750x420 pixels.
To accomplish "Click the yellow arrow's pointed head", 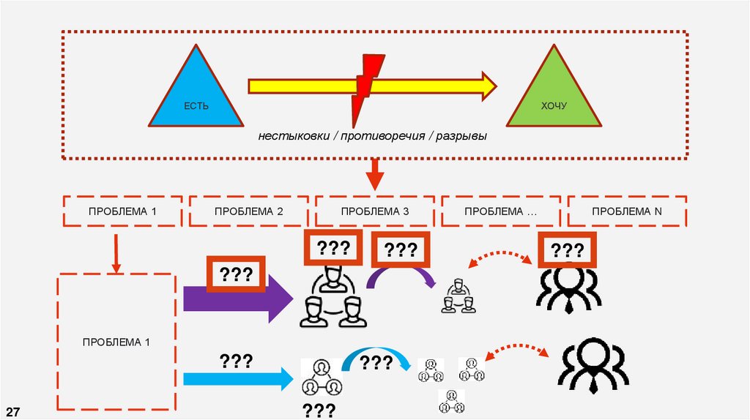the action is coord(488,86).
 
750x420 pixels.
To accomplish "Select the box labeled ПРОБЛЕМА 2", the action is coord(249,211).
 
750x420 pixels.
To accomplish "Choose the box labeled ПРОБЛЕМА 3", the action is coord(374,211).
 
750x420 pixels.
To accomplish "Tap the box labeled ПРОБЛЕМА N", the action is coord(626,211).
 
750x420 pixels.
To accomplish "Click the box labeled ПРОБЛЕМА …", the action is coord(500,211).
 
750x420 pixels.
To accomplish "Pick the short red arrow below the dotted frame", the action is coord(375,176).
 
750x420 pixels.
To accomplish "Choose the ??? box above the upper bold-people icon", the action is coord(568,250).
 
